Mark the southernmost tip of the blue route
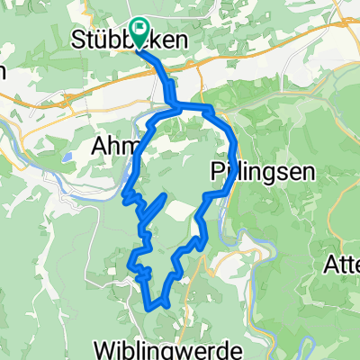[x=148, y=309]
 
